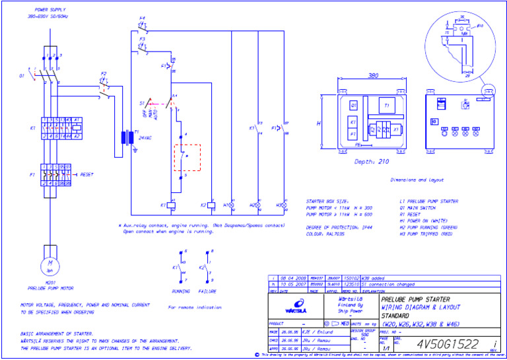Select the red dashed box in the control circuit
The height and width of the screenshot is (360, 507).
click(187, 157)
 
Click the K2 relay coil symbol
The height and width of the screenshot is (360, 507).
click(209, 205)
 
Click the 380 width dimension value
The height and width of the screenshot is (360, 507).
click(373, 75)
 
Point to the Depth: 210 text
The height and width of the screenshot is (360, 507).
click(372, 162)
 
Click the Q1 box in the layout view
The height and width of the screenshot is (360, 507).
click(354, 105)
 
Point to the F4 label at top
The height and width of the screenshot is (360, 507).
click(142, 18)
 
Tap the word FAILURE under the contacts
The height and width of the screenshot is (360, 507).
click(208, 290)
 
